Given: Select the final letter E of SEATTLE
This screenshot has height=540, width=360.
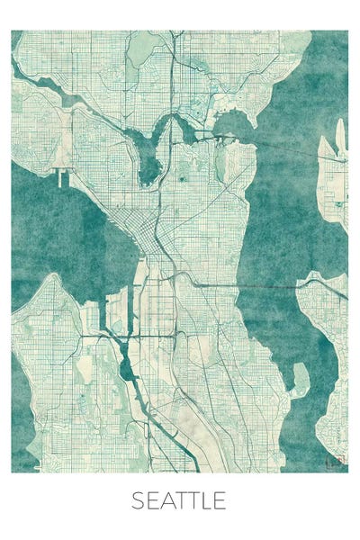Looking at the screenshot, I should (x=219, y=500).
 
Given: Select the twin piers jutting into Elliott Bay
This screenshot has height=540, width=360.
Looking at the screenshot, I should (x=62, y=176).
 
